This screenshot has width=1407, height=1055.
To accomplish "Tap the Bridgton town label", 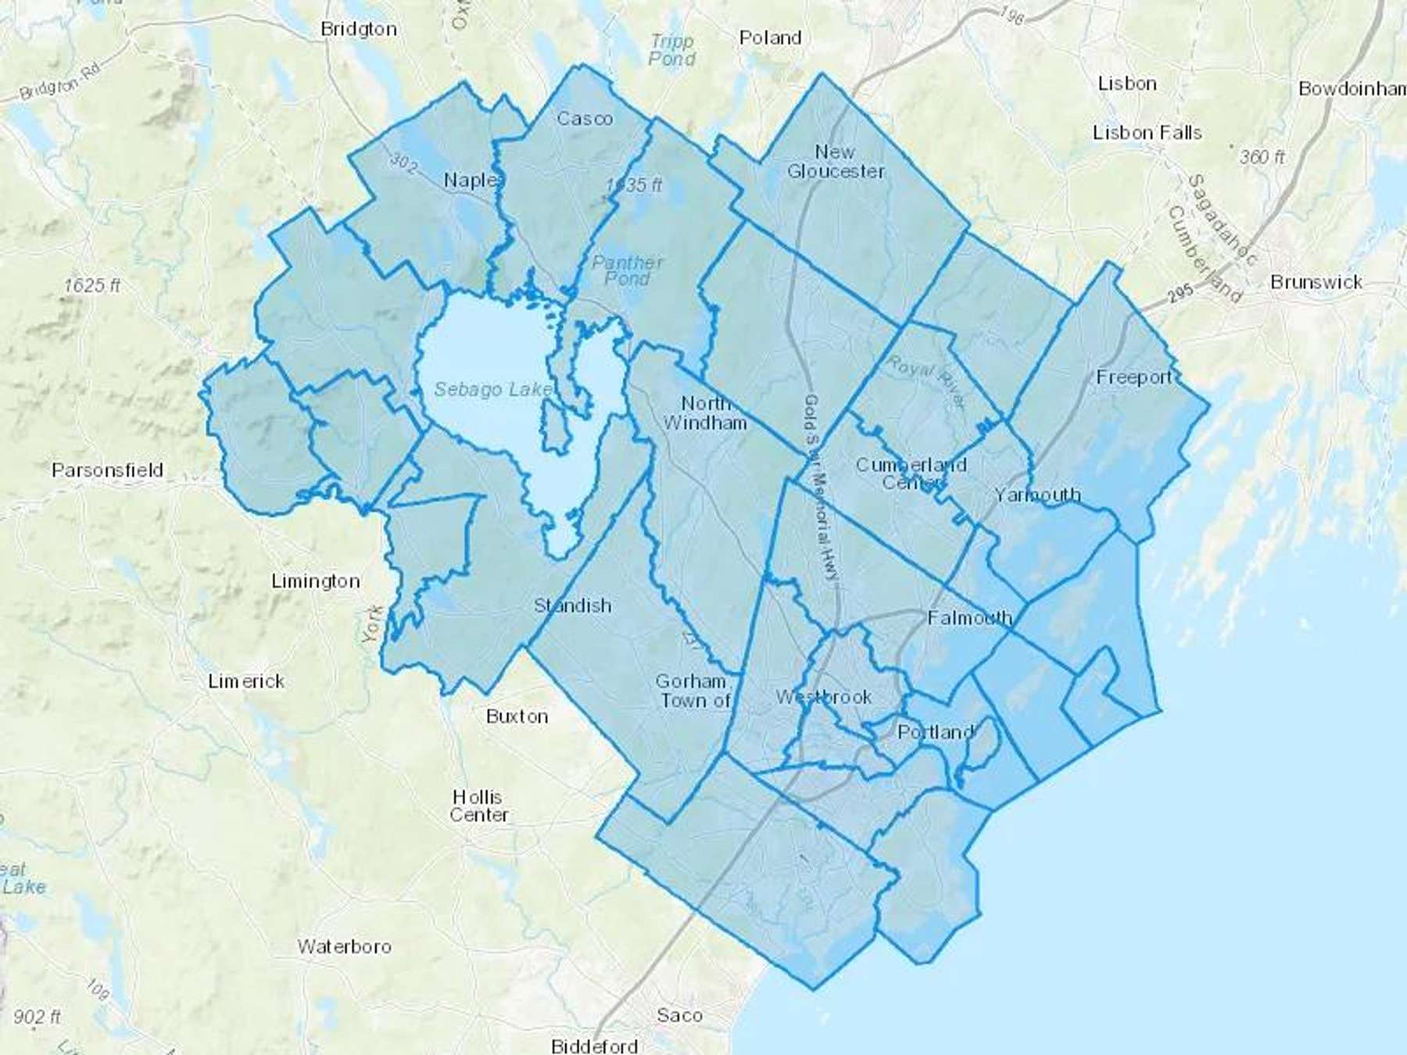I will (359, 29).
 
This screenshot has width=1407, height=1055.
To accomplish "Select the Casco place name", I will (585, 119).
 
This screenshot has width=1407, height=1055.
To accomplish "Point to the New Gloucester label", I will (836, 162).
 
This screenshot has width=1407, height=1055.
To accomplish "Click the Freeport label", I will (1134, 377).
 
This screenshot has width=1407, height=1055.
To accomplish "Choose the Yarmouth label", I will (1037, 495).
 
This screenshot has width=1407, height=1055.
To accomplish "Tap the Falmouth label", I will (969, 618).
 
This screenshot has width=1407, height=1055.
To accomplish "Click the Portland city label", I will (936, 732).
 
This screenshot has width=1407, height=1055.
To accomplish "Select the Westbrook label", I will (824, 697).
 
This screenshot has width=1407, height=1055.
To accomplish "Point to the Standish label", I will (572, 606).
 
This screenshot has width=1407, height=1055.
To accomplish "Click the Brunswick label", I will (1316, 282).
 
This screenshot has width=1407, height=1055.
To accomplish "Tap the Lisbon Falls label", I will (1147, 133).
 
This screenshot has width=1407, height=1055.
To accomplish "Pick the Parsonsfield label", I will (107, 470).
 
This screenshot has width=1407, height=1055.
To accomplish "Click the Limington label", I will (315, 581).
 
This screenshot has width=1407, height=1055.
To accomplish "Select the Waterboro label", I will (344, 947).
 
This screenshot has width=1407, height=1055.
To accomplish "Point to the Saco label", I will (679, 1016).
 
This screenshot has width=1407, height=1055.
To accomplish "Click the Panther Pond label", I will (627, 270).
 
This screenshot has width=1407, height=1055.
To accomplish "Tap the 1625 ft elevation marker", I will (92, 286).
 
